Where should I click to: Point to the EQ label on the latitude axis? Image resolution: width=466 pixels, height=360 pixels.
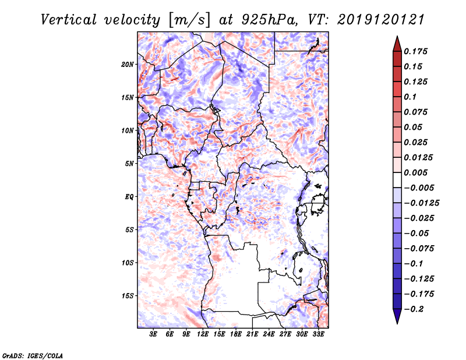point(129,197)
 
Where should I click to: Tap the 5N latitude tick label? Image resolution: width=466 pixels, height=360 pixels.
point(129,164)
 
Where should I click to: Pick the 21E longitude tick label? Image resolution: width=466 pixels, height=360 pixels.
point(252,335)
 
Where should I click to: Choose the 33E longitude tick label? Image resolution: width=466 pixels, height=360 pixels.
point(318,335)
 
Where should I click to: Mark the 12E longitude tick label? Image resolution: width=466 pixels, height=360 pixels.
point(203,335)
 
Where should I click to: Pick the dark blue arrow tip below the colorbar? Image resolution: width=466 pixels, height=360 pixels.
point(397,320)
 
